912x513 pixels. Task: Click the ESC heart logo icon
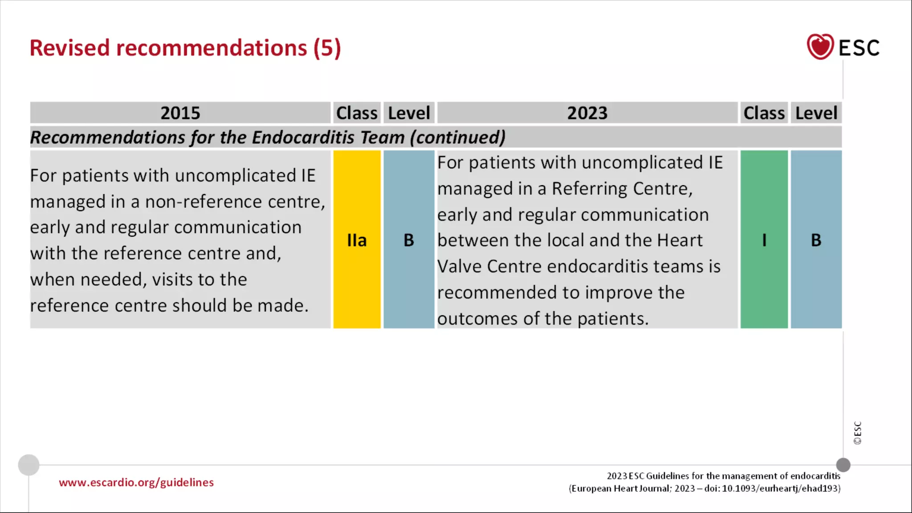[x=820, y=47]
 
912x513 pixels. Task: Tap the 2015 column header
[x=180, y=113]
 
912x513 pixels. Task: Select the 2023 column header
[x=587, y=113]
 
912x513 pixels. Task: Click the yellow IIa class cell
[x=357, y=240]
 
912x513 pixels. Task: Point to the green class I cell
[x=764, y=240]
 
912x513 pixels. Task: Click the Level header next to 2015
[x=409, y=113]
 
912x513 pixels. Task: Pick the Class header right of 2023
[x=764, y=113]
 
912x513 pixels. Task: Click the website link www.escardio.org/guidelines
[x=136, y=482]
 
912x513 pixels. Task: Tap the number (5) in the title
[x=327, y=48]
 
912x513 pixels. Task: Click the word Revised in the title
[x=69, y=48]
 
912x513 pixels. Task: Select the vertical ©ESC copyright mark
[x=858, y=433]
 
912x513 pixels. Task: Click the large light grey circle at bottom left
[x=28, y=465]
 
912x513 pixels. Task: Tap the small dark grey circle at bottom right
[x=843, y=465]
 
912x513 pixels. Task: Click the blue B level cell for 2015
[x=409, y=240]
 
